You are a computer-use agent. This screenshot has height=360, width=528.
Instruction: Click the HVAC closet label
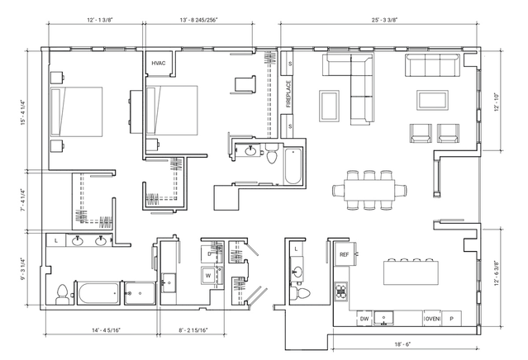[159, 64]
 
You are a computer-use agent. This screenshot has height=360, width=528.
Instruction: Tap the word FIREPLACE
[288, 94]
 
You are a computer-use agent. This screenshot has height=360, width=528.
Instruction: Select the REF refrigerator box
[344, 254]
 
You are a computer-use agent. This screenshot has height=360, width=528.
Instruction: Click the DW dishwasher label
[364, 319]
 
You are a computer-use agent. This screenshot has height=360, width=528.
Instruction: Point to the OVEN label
[432, 319]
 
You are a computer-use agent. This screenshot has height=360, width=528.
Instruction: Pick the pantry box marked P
[451, 319]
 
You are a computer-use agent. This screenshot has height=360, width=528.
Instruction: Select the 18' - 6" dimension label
[402, 344]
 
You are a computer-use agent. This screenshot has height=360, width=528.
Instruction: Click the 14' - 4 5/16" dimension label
[106, 330]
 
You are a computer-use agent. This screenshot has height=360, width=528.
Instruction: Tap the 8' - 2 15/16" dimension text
[193, 330]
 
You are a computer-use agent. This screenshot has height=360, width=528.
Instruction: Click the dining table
[369, 190]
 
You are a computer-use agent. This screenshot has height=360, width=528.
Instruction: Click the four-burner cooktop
[340, 291]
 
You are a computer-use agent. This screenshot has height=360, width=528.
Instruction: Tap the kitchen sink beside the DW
[383, 318]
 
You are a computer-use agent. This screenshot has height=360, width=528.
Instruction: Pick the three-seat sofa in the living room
[433, 65]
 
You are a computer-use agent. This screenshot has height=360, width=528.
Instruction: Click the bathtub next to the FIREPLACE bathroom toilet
[293, 166]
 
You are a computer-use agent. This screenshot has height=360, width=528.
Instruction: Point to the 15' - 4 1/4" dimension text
[23, 112]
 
